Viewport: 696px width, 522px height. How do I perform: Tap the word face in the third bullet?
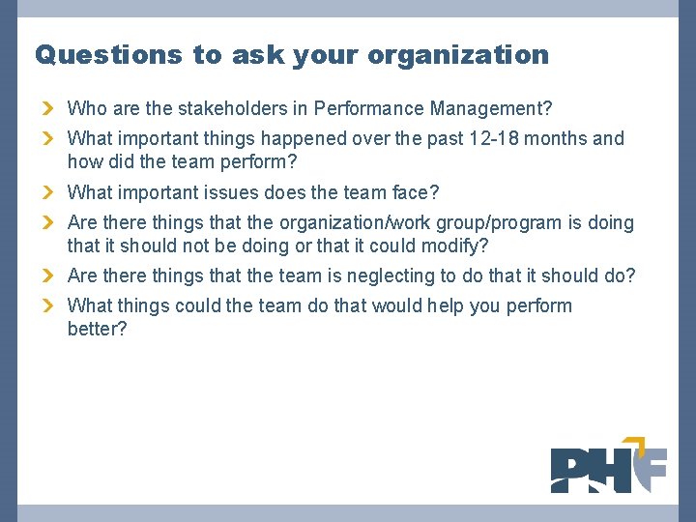(x=417, y=192)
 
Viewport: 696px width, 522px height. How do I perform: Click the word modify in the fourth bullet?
(x=455, y=246)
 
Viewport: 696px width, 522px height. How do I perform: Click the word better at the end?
(x=97, y=329)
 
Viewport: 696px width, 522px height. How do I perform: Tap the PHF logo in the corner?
(x=608, y=465)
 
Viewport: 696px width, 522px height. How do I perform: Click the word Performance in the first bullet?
(x=374, y=108)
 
